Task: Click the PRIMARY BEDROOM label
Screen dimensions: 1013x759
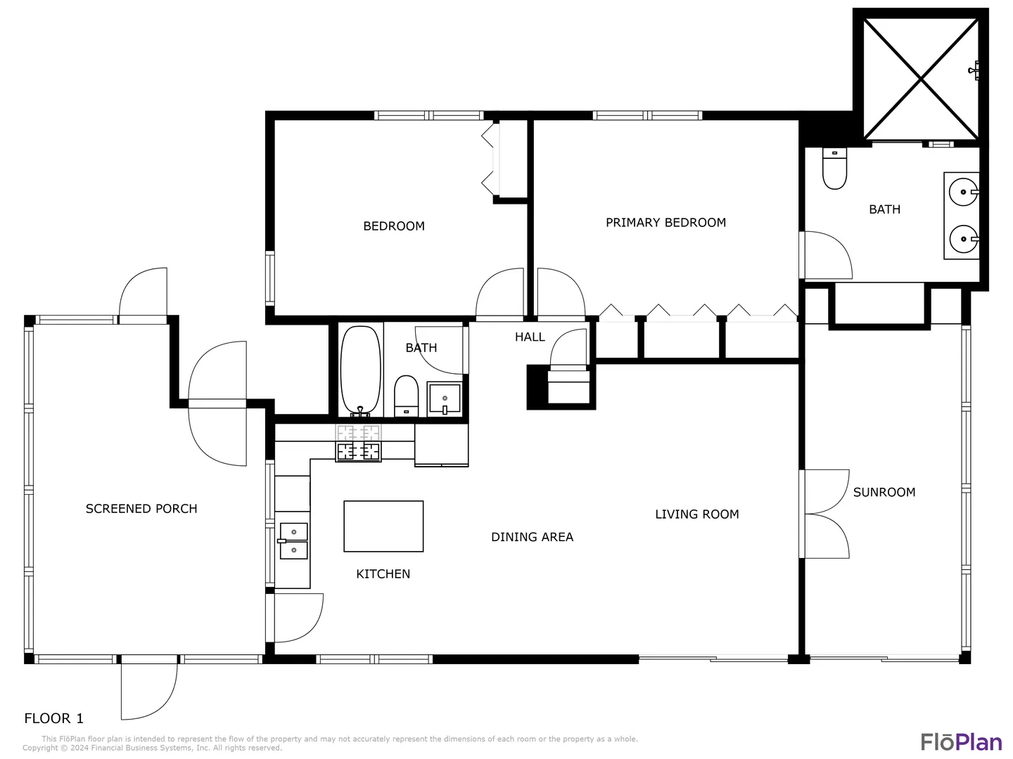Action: pos(665,223)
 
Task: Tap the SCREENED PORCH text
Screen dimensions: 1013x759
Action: pos(141,509)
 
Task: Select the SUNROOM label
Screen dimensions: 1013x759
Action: pos(884,492)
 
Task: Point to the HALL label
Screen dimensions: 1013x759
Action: pos(530,337)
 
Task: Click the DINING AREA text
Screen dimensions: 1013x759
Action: pos(532,537)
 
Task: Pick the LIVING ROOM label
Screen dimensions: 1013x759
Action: pos(697,514)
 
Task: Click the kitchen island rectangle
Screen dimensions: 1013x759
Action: pos(383,526)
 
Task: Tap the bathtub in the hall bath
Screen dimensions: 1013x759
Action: pos(360,370)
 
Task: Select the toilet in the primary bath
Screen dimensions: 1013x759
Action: pos(834,168)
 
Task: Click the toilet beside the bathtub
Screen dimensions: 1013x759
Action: pos(406,396)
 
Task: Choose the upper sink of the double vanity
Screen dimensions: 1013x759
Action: pos(963,192)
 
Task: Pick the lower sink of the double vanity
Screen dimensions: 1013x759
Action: pos(964,239)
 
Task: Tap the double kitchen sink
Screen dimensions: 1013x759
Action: pos(293,540)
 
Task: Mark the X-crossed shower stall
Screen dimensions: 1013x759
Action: pos(921,79)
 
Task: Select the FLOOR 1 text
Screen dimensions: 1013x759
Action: pos(54,718)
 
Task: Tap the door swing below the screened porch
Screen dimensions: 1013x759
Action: pos(149,692)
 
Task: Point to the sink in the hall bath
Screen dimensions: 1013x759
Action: pos(445,398)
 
